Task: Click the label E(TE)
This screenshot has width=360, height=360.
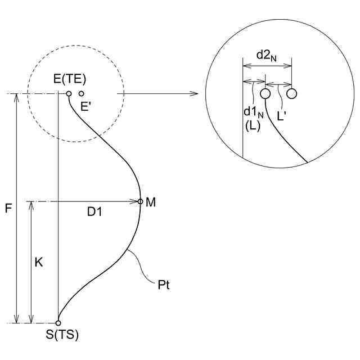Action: (x=70, y=79)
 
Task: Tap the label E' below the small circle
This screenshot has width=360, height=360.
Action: (x=85, y=106)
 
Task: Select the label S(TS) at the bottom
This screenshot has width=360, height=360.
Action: (x=62, y=335)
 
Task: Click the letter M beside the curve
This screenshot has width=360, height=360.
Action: (x=150, y=201)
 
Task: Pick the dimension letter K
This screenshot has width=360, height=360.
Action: (x=38, y=262)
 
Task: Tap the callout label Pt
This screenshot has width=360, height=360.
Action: (x=164, y=285)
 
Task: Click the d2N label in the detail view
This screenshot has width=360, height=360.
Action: (x=267, y=55)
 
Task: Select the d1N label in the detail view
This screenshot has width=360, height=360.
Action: (x=253, y=112)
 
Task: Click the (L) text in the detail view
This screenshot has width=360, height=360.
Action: (x=251, y=127)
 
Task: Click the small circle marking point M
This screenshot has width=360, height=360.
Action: (x=141, y=201)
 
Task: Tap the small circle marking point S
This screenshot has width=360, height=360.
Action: (x=58, y=323)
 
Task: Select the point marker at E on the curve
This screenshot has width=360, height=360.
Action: (x=69, y=93)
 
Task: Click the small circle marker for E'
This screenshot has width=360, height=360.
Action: (x=82, y=93)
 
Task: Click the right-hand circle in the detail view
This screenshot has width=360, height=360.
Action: (x=291, y=93)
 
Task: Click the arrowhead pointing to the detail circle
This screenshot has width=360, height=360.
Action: (x=195, y=93)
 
